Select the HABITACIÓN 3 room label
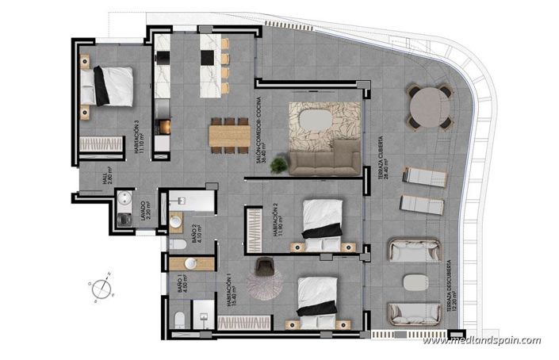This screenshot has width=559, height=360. (x=140, y=140)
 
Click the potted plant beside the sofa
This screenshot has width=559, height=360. (x=278, y=165)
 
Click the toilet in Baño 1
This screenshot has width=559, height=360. (x=180, y=320)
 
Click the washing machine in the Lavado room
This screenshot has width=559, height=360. (x=124, y=220)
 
